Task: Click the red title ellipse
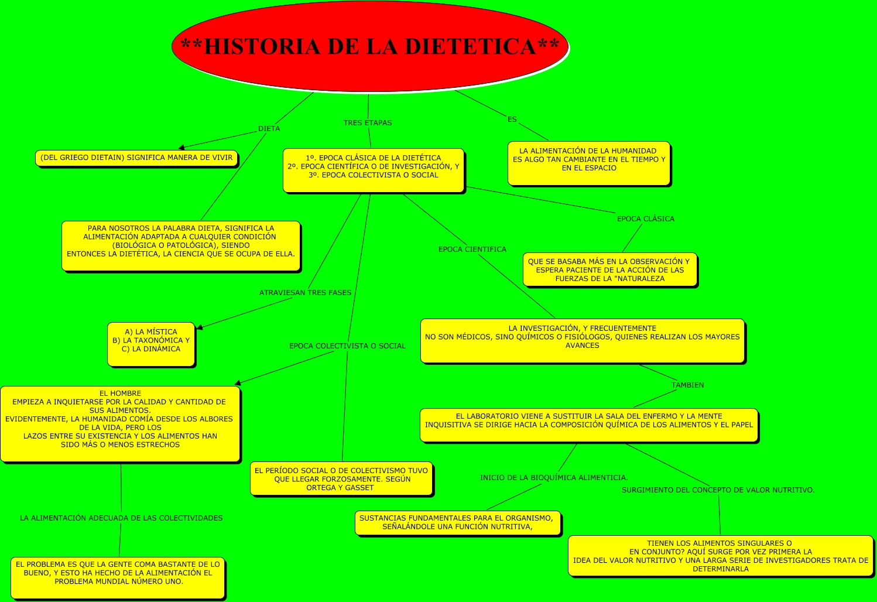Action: tap(369, 46)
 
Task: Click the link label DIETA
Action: tap(269, 129)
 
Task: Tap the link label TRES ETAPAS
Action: tap(368, 123)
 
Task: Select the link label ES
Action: tap(512, 119)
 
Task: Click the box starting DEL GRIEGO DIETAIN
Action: tap(136, 158)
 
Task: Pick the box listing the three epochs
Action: tap(374, 170)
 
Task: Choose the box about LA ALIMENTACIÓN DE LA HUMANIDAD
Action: tap(589, 163)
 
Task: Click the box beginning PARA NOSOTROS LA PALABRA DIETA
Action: tap(181, 245)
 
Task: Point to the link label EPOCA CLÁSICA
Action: tap(645, 219)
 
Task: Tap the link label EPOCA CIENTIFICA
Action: tap(472, 249)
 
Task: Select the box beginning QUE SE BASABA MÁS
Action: tap(609, 270)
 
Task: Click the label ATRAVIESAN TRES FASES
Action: tap(305, 293)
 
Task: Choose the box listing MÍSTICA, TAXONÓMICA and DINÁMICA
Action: tap(151, 344)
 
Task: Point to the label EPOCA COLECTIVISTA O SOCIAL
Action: tap(347, 346)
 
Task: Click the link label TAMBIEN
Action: tap(687, 385)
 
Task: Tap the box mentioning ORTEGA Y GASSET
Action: tap(341, 479)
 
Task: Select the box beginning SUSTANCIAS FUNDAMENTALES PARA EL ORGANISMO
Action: tap(457, 522)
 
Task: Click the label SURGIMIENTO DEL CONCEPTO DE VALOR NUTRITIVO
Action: tap(718, 490)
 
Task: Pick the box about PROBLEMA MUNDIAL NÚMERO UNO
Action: tap(118, 577)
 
